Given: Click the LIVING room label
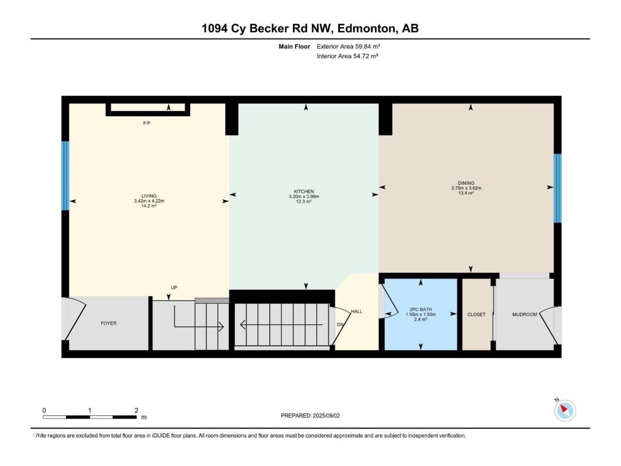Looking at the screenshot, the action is click(x=149, y=196).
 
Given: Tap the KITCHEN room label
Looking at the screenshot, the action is click(x=304, y=192).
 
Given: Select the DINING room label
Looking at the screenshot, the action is click(x=466, y=183).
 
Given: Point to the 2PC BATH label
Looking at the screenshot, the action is click(x=421, y=310).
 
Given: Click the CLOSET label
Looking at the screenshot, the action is click(x=476, y=315).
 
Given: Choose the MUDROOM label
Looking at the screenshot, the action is click(x=524, y=315).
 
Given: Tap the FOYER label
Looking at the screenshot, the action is click(x=109, y=323).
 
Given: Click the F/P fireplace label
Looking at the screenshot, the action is click(x=147, y=123).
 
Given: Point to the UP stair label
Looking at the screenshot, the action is click(x=174, y=287).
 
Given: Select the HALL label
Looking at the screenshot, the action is click(x=357, y=311).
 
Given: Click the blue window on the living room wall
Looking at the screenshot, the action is click(x=65, y=176).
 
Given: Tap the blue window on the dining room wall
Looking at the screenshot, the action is click(x=557, y=188).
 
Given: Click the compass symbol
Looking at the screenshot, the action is click(x=565, y=411).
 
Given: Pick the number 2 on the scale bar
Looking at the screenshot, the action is click(x=136, y=410).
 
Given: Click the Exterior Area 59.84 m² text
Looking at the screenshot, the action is click(x=348, y=47).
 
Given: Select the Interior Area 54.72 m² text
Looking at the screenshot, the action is click(x=347, y=56).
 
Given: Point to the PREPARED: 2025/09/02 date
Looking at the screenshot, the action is click(x=310, y=416).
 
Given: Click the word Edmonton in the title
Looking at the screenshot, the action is click(x=366, y=28).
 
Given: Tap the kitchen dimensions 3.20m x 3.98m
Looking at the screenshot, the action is click(x=304, y=197).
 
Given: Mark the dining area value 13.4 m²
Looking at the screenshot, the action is click(x=466, y=193).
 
